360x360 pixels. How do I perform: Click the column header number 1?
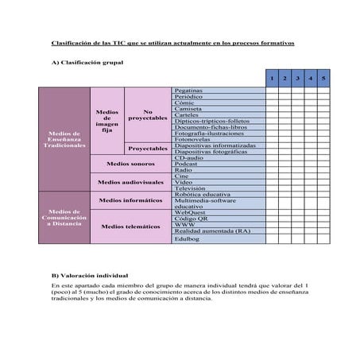[272, 79]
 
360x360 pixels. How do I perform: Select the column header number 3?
[296, 79]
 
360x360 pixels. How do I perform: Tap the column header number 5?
[323, 79]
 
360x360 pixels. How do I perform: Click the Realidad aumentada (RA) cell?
[212, 230]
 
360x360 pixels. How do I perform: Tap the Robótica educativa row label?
[202, 194]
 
